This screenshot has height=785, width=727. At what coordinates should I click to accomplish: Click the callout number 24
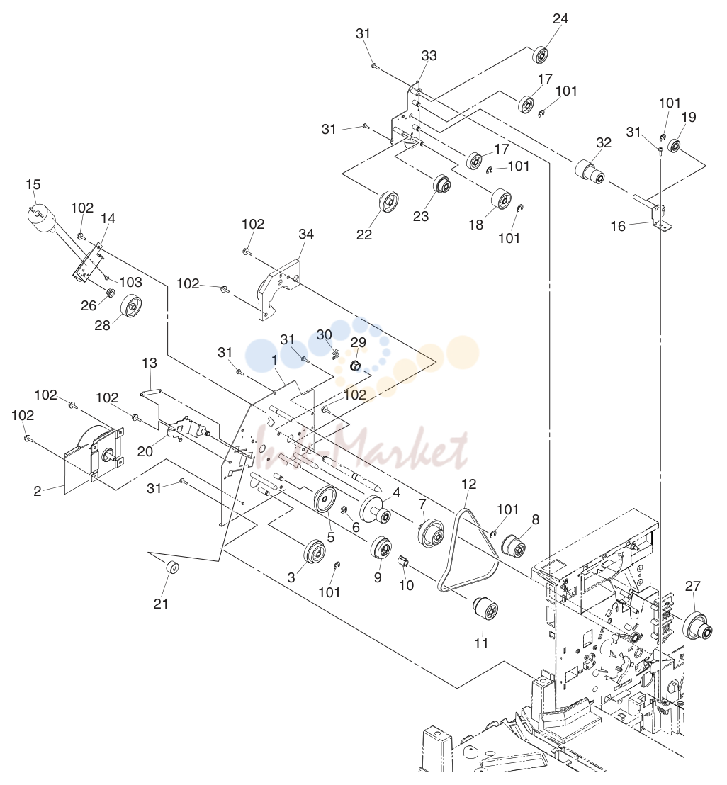tap(560, 19)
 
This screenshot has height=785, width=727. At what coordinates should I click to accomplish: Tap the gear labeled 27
tap(697, 626)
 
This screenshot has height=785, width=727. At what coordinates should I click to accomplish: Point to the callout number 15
tap(33, 185)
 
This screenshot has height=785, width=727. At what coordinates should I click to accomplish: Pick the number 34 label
tap(306, 235)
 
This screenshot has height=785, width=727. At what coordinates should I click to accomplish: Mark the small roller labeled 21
tap(172, 568)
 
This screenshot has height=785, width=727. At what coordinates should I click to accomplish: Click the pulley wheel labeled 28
tap(130, 306)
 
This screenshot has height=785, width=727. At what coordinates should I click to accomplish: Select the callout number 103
tap(130, 283)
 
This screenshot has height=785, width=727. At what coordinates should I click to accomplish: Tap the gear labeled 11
tap(485, 608)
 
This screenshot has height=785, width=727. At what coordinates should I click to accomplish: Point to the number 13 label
tap(150, 363)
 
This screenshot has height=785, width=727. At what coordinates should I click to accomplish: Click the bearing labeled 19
tap(675, 146)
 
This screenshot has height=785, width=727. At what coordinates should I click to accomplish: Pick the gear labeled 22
tap(389, 203)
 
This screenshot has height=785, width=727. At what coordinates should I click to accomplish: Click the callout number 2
tap(38, 491)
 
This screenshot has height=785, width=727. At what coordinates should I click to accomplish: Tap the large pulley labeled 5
tap(325, 499)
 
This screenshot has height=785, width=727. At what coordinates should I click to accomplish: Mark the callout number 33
tap(429, 55)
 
